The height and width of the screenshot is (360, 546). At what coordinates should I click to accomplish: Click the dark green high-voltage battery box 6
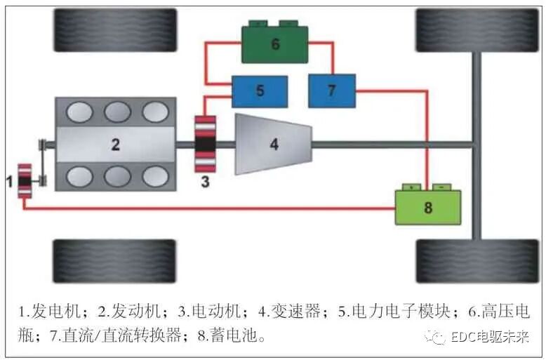[x=275, y=44]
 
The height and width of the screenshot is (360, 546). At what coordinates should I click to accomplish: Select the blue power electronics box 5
[x=260, y=91]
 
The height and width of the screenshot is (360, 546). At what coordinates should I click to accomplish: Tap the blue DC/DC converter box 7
[x=332, y=91]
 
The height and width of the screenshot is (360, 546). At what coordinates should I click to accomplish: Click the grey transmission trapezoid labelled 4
[x=274, y=144]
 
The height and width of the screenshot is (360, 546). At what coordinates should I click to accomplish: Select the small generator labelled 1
[x=25, y=181]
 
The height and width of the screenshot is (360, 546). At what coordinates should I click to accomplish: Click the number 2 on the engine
[x=115, y=145]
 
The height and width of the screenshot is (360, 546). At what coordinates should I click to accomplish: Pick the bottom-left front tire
[x=114, y=261]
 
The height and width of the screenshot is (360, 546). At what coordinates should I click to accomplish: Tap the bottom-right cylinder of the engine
[x=155, y=176]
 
